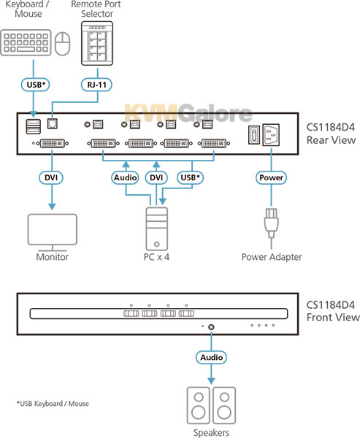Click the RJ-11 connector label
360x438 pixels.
click(x=96, y=85)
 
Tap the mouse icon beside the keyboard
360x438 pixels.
click(x=62, y=44)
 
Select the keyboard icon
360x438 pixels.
click(x=26, y=43)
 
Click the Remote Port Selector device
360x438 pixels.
click(x=97, y=44)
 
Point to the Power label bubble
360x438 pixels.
click(x=271, y=177)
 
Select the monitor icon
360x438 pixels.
click(x=53, y=233)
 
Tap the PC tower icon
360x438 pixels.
click(x=157, y=228)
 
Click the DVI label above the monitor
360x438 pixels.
click(x=51, y=177)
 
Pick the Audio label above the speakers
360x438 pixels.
click(x=211, y=357)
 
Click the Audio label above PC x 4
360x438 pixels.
click(x=125, y=177)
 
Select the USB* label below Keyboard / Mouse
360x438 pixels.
click(x=36, y=85)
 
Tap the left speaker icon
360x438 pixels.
click(x=198, y=406)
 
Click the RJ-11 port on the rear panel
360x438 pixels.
click(x=53, y=123)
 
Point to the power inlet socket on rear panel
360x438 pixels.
click(x=271, y=134)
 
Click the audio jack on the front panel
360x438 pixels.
click(x=211, y=327)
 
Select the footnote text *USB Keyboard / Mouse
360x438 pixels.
click(x=53, y=404)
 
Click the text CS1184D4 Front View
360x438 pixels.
click(x=332, y=311)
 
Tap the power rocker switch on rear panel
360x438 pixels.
click(x=254, y=135)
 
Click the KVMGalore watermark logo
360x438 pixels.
click(x=188, y=112)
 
